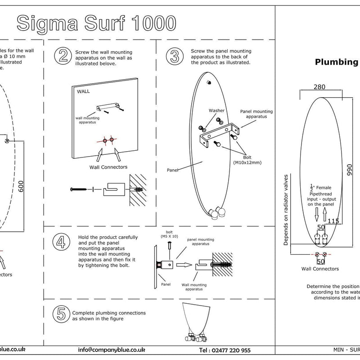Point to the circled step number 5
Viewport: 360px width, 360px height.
click(61, 313)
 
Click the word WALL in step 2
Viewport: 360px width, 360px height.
click(84, 91)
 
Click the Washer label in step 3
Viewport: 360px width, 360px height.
click(216, 110)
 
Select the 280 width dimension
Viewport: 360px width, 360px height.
click(319, 87)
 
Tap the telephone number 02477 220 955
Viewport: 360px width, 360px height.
click(225, 350)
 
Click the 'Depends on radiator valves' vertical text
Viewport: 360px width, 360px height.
click(285, 210)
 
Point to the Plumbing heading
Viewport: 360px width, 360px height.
click(336, 62)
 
